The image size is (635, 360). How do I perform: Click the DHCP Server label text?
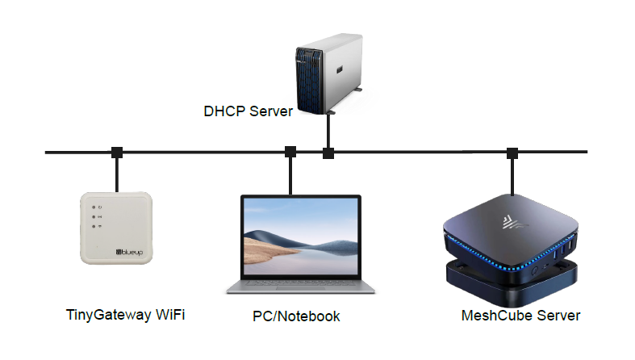tap(247, 111)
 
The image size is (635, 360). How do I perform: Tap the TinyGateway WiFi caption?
tap(125, 314)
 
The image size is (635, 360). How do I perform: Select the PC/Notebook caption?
tap(291, 316)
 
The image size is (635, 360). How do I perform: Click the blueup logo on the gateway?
tap(128, 253)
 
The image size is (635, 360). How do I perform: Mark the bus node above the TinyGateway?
tap(117, 152)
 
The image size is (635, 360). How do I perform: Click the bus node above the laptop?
tap(290, 152)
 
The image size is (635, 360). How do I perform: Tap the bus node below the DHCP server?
tap(328, 153)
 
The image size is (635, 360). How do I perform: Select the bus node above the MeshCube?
tap(512, 153)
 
